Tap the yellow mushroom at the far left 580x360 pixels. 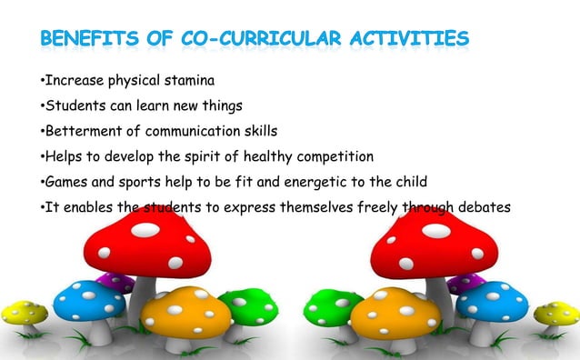(24, 314)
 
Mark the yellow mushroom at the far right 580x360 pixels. (556, 314)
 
